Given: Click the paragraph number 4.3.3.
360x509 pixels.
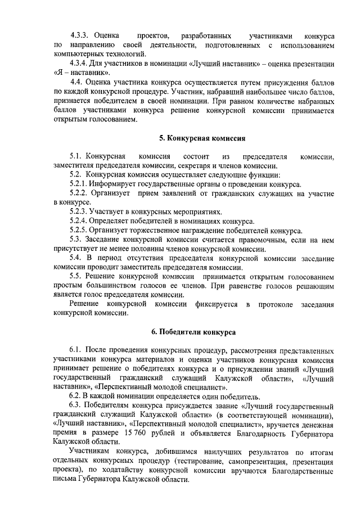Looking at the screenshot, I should point(78,35).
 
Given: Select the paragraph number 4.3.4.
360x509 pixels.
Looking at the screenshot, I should point(78,63).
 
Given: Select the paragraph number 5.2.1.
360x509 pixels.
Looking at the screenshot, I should point(78,184).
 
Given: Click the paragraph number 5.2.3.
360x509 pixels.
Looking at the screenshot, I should point(78,212).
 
